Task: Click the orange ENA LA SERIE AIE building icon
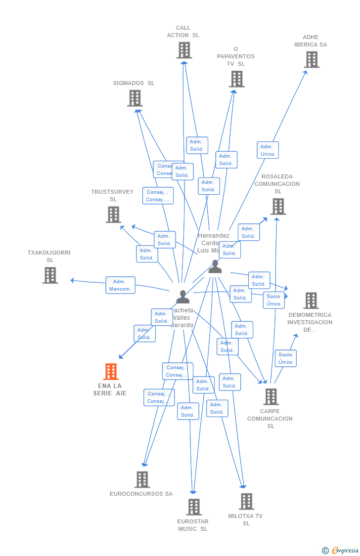coord(111,372)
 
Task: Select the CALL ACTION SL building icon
coord(184,50)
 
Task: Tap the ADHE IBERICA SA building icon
coord(312,60)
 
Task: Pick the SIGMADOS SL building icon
coord(135,98)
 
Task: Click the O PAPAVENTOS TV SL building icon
coord(237,79)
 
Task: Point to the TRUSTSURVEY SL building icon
coord(113,214)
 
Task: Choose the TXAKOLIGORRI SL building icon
coord(50,275)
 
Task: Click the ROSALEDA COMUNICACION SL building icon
coord(278,207)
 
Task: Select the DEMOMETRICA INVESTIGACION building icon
coord(311,300)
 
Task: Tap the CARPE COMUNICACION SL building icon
coord(270,397)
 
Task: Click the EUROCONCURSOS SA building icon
coord(142,479)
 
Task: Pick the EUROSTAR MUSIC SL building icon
coord(194,507)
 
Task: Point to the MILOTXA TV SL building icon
coord(246,502)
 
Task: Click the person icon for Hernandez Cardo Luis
coord(215,266)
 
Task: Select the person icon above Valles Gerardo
coord(182,297)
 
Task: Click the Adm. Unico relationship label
coord(268,150)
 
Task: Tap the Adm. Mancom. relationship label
coord(120,285)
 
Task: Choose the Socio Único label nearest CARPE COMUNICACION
coord(285,358)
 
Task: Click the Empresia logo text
coord(346,551)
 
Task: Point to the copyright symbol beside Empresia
coord(325,551)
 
